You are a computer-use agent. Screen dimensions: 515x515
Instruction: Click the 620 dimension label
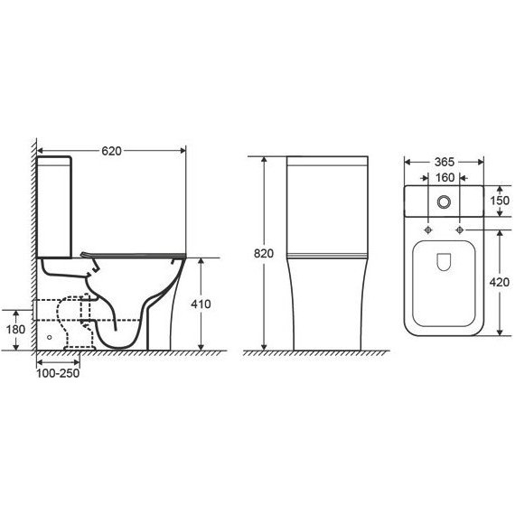(x=112, y=149)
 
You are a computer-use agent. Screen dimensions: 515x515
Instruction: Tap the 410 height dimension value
(x=201, y=304)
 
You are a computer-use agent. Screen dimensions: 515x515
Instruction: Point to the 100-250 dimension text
(x=58, y=374)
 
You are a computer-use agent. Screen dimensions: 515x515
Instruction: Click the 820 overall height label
(x=263, y=254)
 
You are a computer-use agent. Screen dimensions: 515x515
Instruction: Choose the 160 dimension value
(x=444, y=177)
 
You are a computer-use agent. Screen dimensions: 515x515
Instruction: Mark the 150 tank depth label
(x=500, y=201)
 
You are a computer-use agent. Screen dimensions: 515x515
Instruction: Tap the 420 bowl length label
(x=500, y=282)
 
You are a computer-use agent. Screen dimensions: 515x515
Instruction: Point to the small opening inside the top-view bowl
(x=444, y=262)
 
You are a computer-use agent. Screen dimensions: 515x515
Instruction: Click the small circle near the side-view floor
(x=49, y=336)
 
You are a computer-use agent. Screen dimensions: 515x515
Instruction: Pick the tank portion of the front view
(x=326, y=203)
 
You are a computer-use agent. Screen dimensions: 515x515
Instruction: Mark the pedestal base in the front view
(x=326, y=307)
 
